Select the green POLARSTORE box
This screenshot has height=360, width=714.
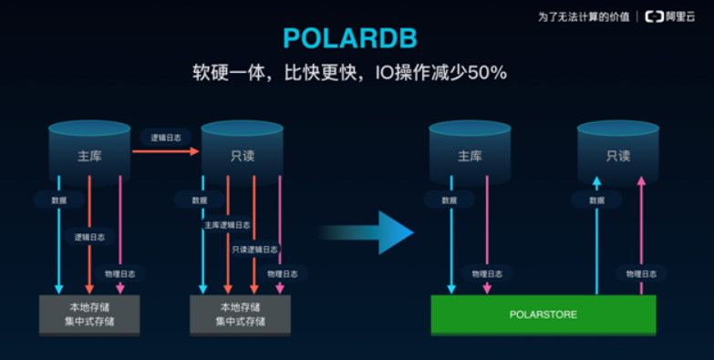click(x=543, y=314)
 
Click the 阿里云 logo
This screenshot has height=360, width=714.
click(x=676, y=16)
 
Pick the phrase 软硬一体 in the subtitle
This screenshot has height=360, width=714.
click(x=227, y=72)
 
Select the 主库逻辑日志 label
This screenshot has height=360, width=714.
click(x=226, y=224)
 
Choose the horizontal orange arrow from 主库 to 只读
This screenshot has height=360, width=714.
click(x=164, y=151)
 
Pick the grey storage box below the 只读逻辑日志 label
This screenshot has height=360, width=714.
click(x=240, y=314)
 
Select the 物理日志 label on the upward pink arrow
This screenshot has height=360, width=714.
click(x=642, y=273)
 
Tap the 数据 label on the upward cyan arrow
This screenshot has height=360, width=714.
click(x=596, y=200)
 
